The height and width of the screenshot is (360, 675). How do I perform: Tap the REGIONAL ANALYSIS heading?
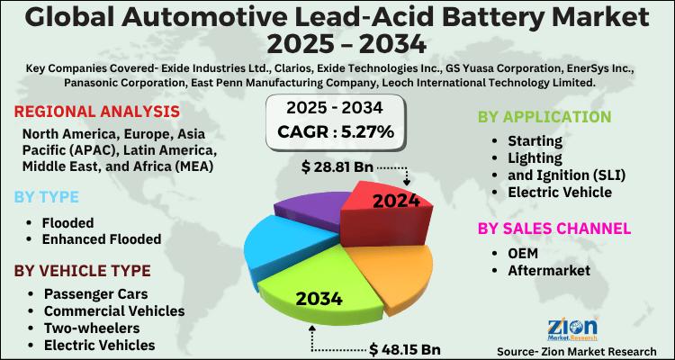coord(96,112)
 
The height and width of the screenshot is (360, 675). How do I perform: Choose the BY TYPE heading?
coord(47,196)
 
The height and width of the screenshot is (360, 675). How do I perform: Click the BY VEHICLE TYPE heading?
coord(81,271)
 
